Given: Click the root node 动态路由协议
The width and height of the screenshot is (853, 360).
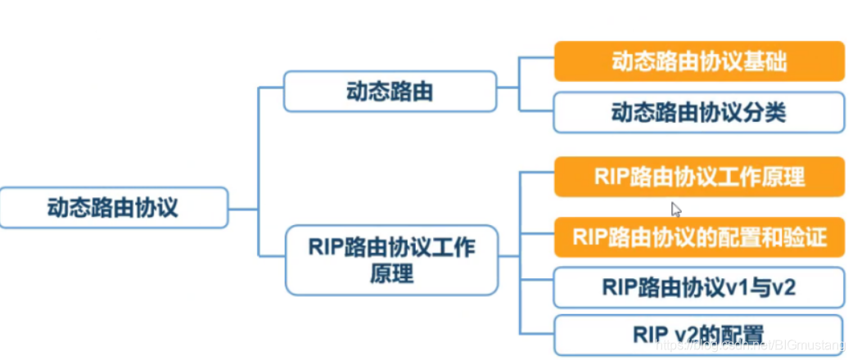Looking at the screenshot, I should tap(113, 208).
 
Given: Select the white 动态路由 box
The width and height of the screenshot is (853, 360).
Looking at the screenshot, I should tap(390, 92).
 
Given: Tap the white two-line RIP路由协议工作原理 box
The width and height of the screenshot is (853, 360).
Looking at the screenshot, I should tap(390, 259).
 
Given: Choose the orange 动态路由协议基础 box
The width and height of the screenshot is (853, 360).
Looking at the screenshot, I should tap(699, 62).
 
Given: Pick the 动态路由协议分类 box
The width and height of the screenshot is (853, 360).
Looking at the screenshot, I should tap(699, 112).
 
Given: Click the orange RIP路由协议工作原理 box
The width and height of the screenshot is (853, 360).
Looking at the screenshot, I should tap(699, 177).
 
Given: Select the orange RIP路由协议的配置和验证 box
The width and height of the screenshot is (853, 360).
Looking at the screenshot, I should tap(699, 237).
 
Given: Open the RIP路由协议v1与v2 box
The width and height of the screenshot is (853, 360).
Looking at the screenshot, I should tap(699, 287).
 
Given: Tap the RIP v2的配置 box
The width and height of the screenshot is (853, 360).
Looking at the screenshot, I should tap(699, 335).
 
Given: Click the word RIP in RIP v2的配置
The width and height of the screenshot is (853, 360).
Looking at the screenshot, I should tap(648, 335).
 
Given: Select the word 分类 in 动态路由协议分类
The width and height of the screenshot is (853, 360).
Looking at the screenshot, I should tap(768, 112).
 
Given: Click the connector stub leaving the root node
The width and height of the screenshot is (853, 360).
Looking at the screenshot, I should tap(243, 208).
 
